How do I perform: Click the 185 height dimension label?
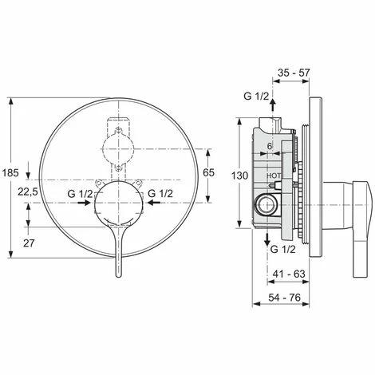(10, 173)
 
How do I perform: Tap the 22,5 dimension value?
(28, 191)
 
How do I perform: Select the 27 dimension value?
(29, 243)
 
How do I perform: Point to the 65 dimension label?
(208, 172)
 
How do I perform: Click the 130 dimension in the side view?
(240, 176)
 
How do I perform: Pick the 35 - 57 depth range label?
(294, 73)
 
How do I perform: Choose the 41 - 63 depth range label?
(289, 274)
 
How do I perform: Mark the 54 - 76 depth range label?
(285, 298)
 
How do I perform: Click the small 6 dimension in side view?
(270, 146)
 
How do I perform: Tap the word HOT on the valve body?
(274, 176)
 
